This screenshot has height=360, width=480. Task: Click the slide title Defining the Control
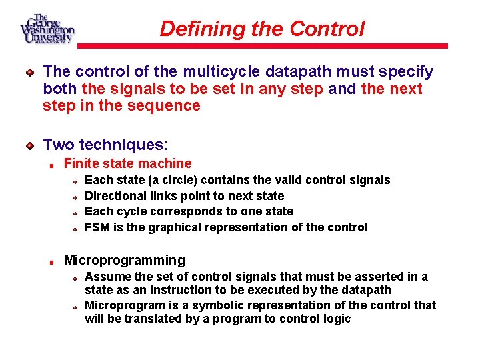pos(262,29)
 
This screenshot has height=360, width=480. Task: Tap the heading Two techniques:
pos(105,145)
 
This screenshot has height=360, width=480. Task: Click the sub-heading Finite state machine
pos(127,163)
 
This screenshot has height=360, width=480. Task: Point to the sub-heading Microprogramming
pos(124,260)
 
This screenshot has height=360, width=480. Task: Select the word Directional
pos(115,196)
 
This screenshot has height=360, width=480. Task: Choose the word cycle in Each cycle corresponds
pos(127,211)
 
